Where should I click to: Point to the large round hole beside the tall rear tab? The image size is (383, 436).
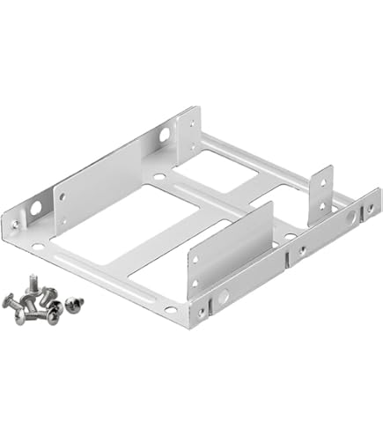coord(165,135)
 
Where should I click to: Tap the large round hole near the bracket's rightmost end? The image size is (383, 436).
coord(350,215)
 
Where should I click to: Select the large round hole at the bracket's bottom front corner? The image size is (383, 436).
coord(223,299)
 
